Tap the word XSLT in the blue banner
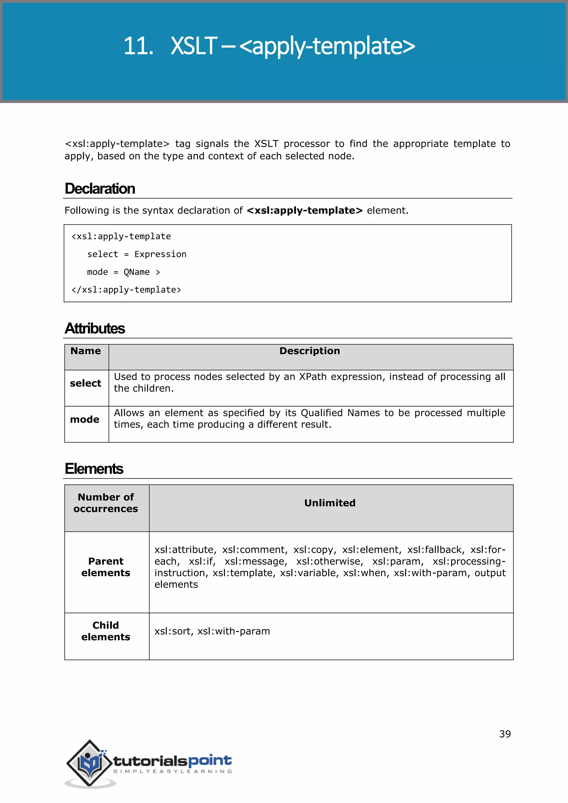(x=194, y=46)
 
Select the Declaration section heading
(x=100, y=189)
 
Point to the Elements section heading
(x=94, y=469)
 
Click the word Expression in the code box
(x=160, y=254)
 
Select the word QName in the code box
(x=136, y=272)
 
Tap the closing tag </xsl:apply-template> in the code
(x=126, y=290)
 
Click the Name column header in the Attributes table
(x=86, y=351)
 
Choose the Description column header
(x=310, y=351)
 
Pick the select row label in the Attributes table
(x=85, y=383)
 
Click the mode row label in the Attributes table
(x=85, y=420)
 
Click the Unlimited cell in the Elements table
(x=329, y=503)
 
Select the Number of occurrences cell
(x=106, y=503)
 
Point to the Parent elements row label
(x=106, y=567)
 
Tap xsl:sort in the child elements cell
(x=173, y=631)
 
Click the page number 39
(x=505, y=734)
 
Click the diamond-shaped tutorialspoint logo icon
(x=90, y=763)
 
